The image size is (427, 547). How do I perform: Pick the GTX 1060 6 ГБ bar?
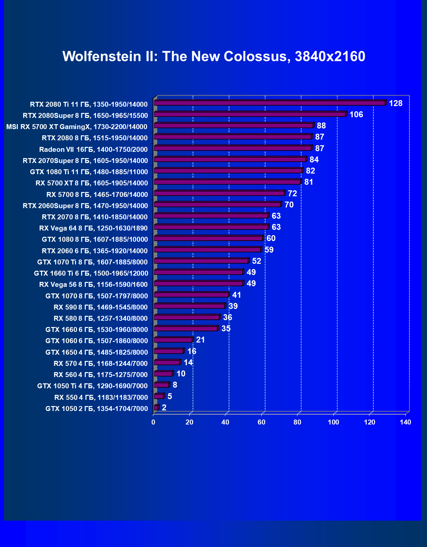(x=173, y=340)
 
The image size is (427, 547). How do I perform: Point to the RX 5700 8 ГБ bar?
(x=219, y=193)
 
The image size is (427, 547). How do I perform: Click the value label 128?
(x=395, y=103)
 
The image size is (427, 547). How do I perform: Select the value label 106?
(x=356, y=115)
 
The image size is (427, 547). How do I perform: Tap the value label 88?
(x=321, y=126)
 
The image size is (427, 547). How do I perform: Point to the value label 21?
(x=200, y=340)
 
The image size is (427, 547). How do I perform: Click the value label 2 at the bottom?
(x=164, y=408)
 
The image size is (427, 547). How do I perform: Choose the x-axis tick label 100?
(x=334, y=422)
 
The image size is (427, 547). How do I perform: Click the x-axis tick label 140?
(x=406, y=422)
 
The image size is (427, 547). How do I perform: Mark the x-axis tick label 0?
(x=153, y=422)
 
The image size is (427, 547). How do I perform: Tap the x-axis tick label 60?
(x=262, y=422)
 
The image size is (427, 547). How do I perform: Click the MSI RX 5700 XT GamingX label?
(x=77, y=127)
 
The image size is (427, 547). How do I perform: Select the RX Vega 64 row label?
(x=93, y=228)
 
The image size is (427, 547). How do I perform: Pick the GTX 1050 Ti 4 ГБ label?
(x=92, y=386)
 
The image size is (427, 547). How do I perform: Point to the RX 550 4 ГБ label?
(x=101, y=397)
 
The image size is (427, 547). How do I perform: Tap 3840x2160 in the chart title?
(x=330, y=57)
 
